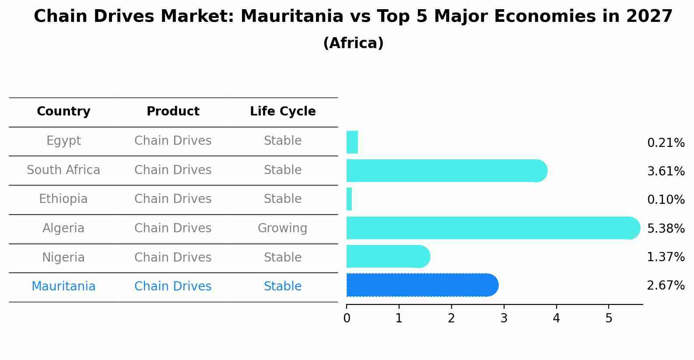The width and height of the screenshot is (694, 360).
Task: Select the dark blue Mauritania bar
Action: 420,285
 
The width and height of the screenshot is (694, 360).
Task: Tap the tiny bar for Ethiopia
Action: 349,199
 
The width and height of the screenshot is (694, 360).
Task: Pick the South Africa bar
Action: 444,171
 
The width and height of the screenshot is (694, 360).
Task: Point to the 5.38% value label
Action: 666,229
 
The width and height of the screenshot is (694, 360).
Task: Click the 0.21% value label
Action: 666,143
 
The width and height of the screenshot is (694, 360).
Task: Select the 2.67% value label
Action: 666,286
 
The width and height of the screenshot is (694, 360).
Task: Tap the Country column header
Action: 63,112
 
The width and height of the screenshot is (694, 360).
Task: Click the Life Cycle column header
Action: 283,112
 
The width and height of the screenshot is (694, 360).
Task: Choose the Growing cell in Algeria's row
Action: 283,228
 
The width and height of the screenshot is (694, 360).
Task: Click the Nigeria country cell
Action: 63,257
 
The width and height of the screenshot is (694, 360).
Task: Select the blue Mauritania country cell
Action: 63,287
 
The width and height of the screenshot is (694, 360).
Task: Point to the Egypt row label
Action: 63,141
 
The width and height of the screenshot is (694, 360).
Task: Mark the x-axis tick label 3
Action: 504,318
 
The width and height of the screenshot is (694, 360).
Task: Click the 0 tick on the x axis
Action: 347,318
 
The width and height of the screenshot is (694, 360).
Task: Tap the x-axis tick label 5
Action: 609,318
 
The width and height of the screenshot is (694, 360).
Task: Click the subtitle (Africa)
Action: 353,43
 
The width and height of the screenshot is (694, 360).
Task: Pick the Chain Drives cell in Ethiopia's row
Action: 173,199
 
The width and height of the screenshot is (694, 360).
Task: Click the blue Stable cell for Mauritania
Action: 283,287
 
